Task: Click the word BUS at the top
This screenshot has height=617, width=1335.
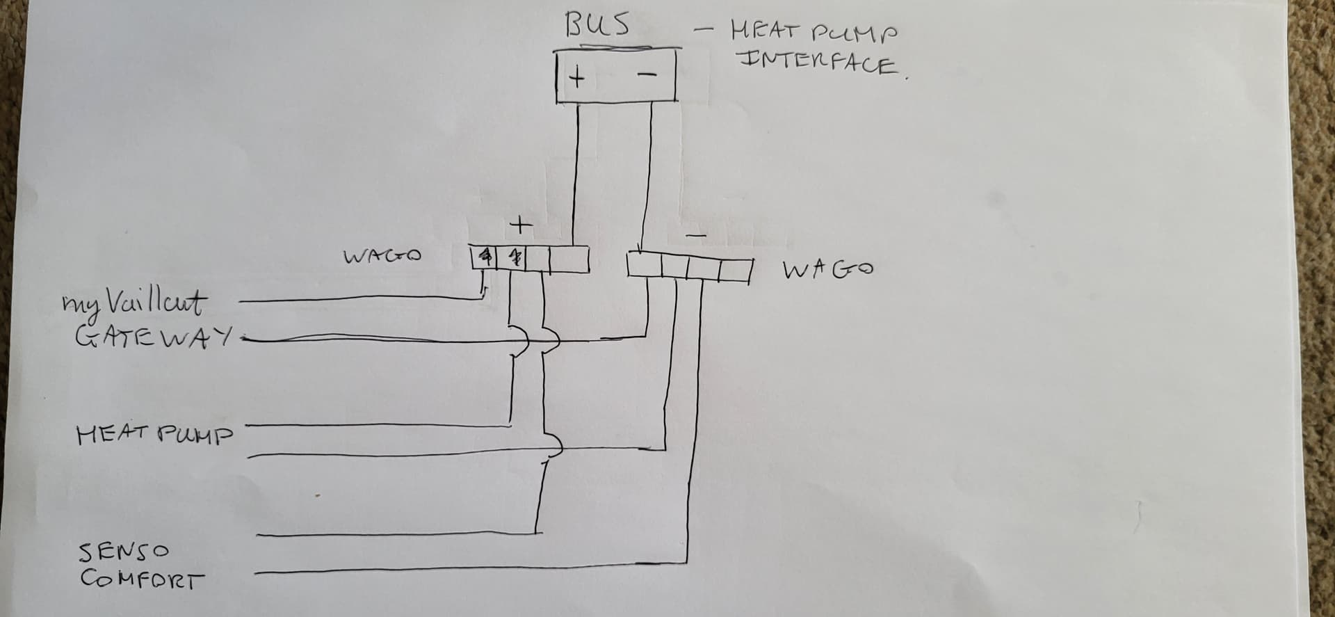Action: coord(598,24)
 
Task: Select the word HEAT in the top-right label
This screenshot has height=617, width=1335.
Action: coord(762,31)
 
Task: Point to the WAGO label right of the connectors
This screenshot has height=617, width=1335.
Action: coord(827,269)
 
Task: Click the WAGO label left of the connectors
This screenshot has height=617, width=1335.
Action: coord(382,256)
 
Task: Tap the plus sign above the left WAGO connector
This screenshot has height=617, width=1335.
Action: coord(520,225)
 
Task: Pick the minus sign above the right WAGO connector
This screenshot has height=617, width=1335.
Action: coord(697,236)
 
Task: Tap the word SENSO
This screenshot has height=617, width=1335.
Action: coord(123,552)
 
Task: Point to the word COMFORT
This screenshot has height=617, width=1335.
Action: coord(142,579)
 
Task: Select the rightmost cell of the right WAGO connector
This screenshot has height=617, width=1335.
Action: coord(735,269)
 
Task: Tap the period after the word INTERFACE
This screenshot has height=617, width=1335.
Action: coord(907,79)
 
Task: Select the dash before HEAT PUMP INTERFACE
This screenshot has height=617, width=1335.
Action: coord(706,30)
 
